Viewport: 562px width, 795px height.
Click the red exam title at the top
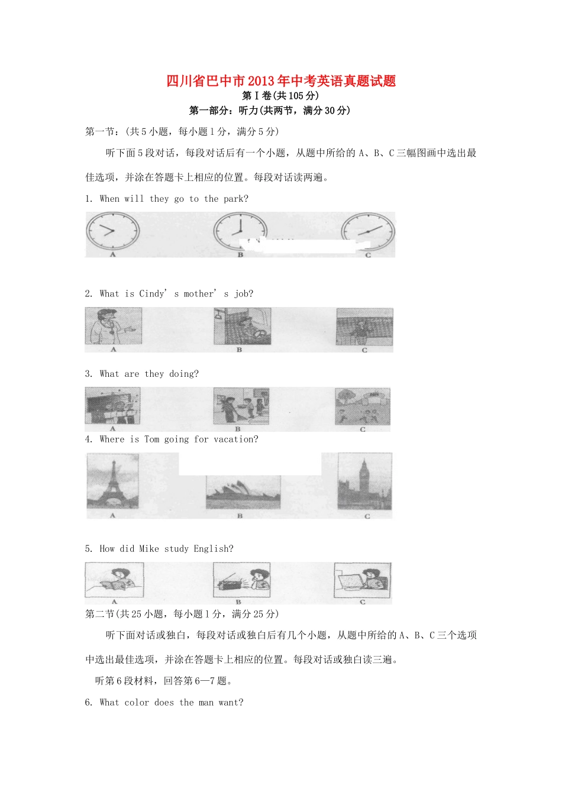281,81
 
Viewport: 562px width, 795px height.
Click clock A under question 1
112,231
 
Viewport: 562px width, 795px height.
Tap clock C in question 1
367,231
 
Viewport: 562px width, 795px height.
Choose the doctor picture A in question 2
113,327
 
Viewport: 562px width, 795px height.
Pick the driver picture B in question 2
242,326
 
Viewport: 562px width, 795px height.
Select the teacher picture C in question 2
364,327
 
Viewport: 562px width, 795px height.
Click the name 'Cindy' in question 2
152,294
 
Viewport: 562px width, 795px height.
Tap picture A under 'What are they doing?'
112,406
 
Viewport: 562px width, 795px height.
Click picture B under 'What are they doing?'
241,406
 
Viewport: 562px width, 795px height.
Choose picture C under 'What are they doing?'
363,406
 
